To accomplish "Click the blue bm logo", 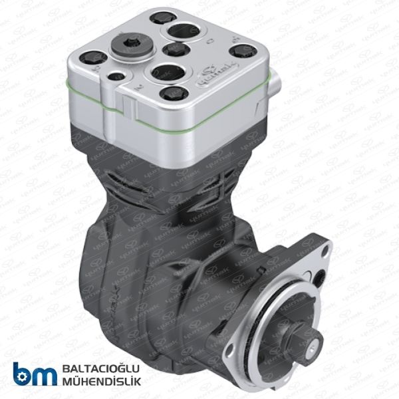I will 34,374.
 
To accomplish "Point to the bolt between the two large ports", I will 176,49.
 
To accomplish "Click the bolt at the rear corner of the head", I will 158,18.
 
